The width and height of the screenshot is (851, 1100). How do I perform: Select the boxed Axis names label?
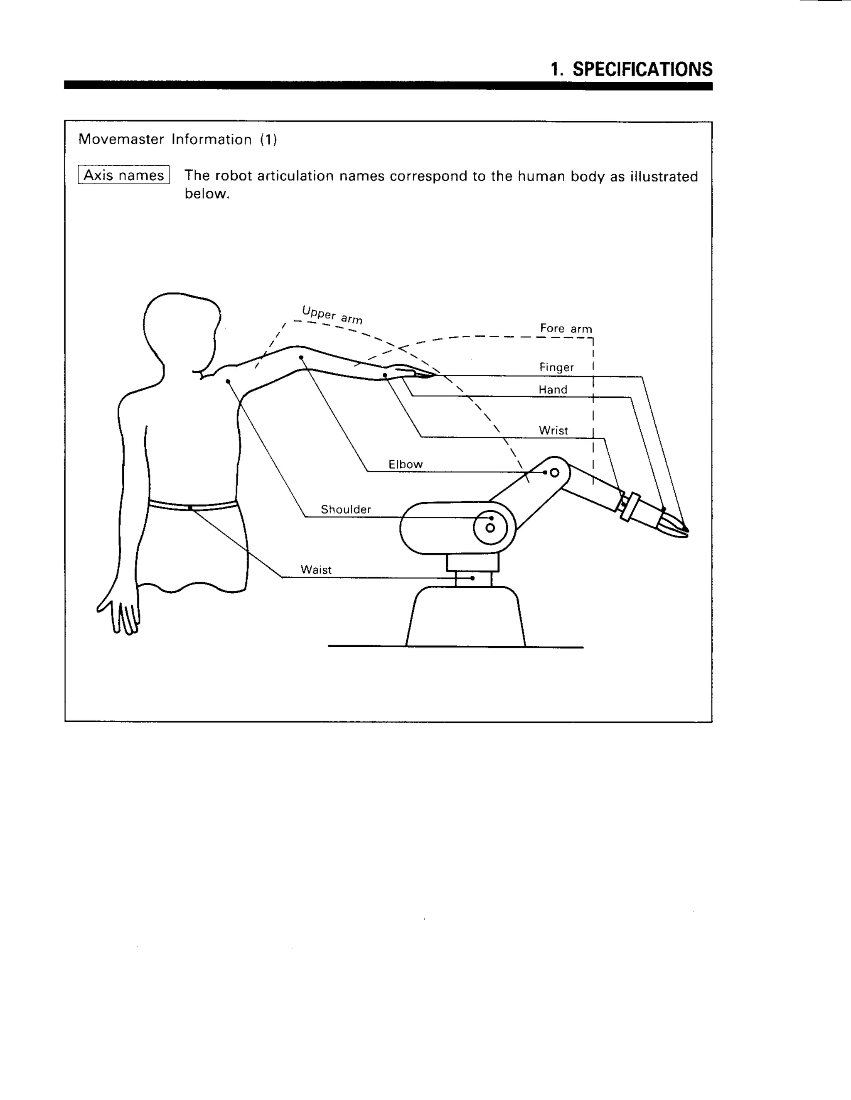[x=123, y=175]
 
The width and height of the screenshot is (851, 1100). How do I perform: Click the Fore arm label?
[x=566, y=329]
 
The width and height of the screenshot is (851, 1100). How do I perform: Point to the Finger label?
[x=556, y=367]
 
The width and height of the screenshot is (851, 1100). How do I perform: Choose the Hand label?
[x=553, y=389]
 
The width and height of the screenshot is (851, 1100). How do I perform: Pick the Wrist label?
[x=553, y=430]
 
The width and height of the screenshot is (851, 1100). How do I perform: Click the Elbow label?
[x=405, y=464]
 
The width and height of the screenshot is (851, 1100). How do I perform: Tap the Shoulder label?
[x=346, y=509]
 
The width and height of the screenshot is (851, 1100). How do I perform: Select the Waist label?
[x=316, y=570]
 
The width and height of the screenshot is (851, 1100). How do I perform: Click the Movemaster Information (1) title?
[x=177, y=139]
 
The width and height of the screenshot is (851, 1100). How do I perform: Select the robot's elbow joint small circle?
[x=555, y=472]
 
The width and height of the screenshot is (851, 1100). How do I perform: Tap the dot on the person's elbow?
[x=300, y=357]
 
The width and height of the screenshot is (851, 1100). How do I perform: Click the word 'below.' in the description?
[x=207, y=194]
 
